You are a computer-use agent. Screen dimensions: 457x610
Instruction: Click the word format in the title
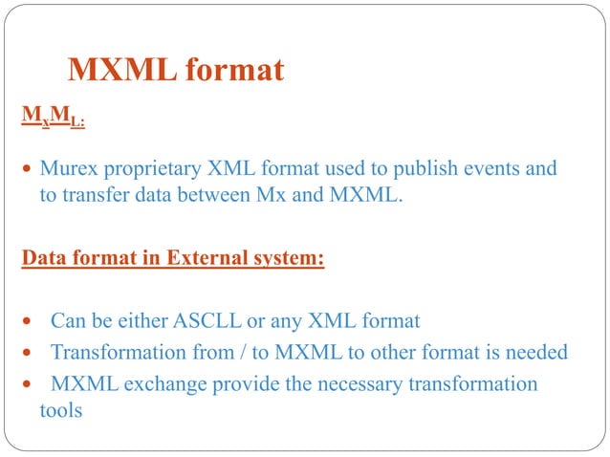coord(234,71)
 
